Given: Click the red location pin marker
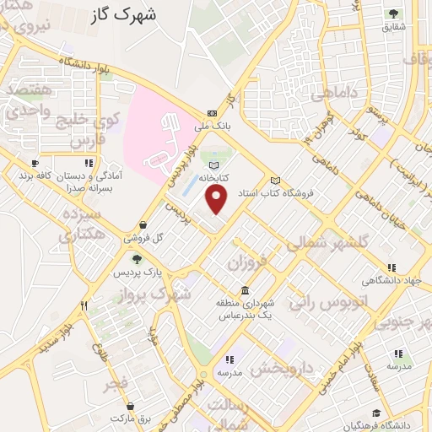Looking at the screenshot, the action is point(218,199).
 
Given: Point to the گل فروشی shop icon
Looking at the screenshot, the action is point(146,225).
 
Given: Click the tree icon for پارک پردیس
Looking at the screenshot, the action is point(137,260).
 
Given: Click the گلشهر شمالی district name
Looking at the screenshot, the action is point(328,243).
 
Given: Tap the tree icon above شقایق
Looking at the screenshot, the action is point(394,13).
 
